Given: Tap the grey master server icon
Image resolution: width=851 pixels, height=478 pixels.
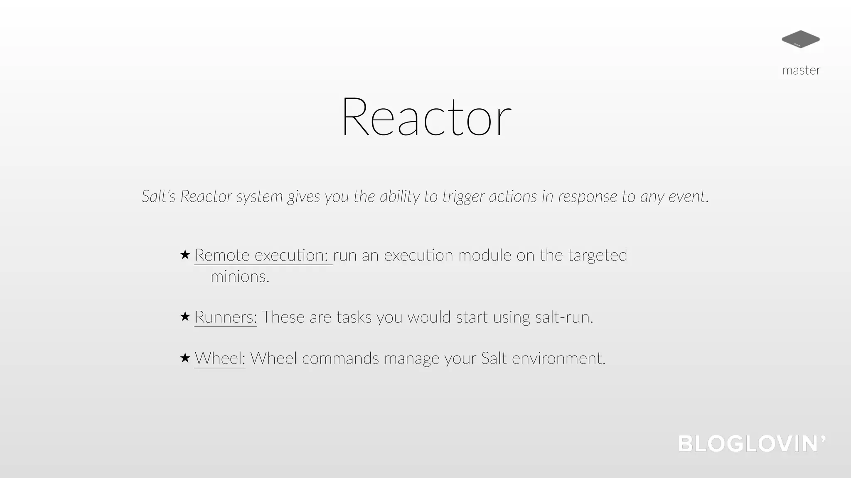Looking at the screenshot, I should [x=800, y=39].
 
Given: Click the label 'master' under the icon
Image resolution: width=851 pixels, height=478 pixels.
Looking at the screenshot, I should [x=801, y=70].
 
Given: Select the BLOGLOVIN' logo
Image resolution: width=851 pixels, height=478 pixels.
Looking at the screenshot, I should [x=752, y=444].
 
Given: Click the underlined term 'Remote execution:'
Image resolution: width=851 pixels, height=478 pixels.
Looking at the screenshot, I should [x=263, y=255].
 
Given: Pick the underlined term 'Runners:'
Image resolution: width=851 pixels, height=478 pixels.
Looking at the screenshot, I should [x=226, y=317].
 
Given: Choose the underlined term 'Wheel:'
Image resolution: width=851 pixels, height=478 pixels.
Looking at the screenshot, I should [x=220, y=358].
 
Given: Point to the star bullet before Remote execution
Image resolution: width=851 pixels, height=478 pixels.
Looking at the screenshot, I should [x=185, y=254].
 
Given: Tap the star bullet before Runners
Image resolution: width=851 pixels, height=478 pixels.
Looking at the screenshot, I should [x=185, y=317].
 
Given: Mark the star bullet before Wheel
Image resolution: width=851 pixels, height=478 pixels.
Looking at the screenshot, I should [x=185, y=358].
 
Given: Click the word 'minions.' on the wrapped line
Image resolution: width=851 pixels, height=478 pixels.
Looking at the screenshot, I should [x=240, y=277].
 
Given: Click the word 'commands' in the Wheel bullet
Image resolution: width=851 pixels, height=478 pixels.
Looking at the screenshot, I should [x=340, y=358].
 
